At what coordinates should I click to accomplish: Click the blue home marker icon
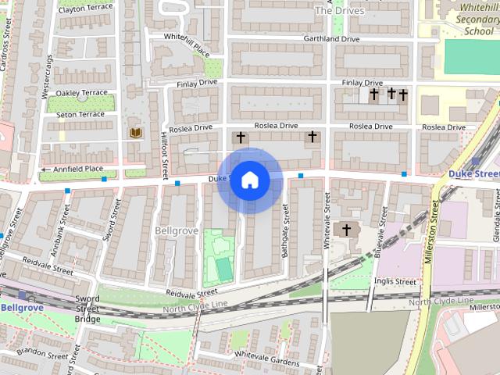pyautogui.click(x=249, y=180)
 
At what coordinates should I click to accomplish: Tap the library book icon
pyautogui.click(x=136, y=133)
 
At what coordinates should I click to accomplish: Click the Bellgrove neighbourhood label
pyautogui.click(x=177, y=231)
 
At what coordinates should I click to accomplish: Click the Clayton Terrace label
pyautogui.click(x=85, y=9)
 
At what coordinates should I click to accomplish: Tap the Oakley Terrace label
pyautogui.click(x=81, y=92)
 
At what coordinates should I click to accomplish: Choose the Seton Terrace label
pyautogui.click(x=80, y=115)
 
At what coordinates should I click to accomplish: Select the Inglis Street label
pyautogui.click(x=395, y=281)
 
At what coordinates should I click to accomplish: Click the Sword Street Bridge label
pyautogui.click(x=87, y=309)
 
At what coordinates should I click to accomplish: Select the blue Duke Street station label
pyautogui.click(x=474, y=173)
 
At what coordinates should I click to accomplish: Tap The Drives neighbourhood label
pyautogui.click(x=339, y=11)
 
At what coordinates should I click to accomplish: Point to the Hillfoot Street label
pyautogui.click(x=164, y=152)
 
